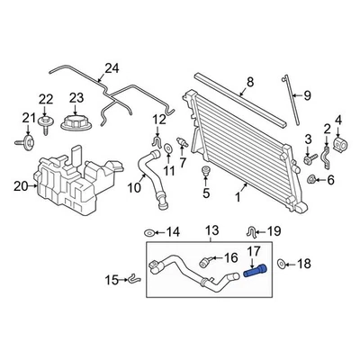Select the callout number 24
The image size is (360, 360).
pyautogui.click(x=111, y=67)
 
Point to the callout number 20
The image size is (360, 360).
pyautogui.click(x=20, y=186)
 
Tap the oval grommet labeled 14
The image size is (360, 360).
pyautogui.click(x=148, y=232)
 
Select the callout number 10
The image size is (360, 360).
pyautogui.click(x=132, y=188)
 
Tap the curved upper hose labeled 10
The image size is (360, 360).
pyautogui.click(x=150, y=170)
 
